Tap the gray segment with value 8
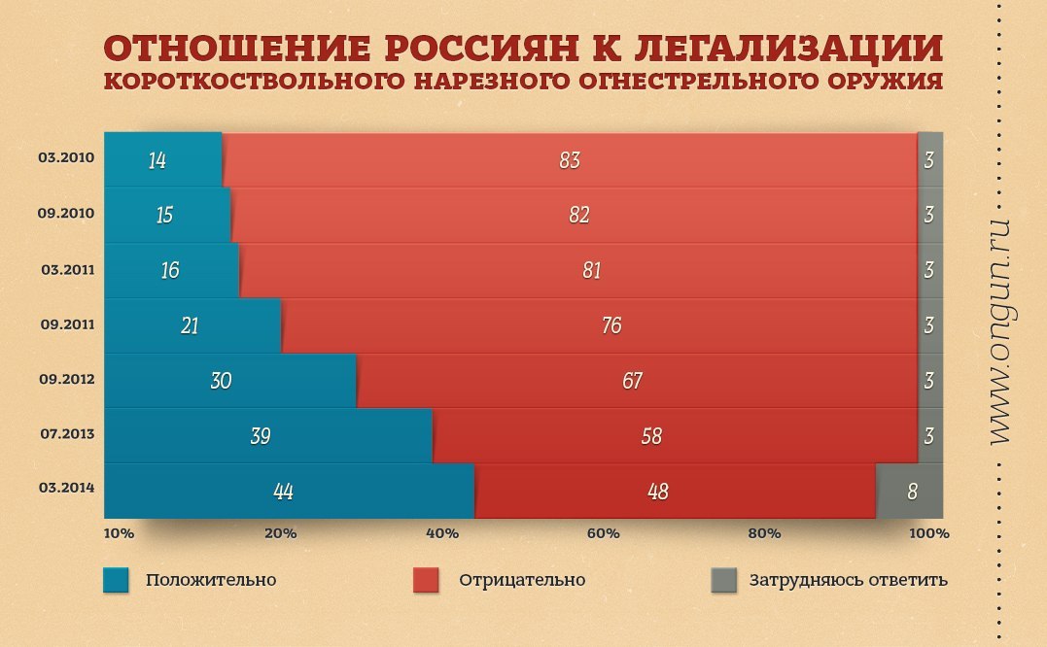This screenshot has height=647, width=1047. (x=910, y=492)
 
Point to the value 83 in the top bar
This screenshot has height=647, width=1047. (x=570, y=160)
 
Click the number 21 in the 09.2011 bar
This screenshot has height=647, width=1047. (x=190, y=325)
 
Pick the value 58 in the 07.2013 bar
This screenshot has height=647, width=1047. (x=651, y=436)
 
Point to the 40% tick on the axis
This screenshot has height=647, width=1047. (x=442, y=533)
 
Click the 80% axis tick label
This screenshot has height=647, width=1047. (x=764, y=533)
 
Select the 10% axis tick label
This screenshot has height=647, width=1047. (x=119, y=533)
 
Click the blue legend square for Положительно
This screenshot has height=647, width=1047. (x=116, y=580)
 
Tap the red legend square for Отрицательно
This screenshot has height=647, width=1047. (x=427, y=580)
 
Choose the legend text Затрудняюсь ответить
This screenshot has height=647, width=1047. (x=848, y=580)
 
